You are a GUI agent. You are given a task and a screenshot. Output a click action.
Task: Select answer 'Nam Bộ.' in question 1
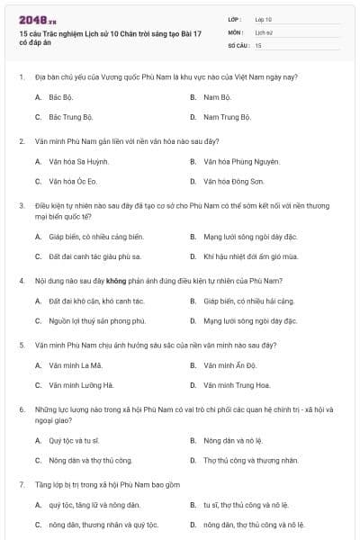click(x=218, y=96)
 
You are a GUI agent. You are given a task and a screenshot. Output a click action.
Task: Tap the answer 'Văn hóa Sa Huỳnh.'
click(x=78, y=161)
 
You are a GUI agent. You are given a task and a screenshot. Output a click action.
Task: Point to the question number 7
click(x=21, y=484)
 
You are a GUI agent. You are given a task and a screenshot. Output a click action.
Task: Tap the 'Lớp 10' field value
click(x=264, y=19)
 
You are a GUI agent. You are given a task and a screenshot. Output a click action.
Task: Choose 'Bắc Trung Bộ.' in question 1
click(x=71, y=117)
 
